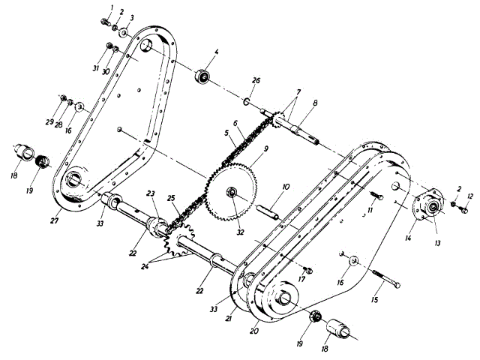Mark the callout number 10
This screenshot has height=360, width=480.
[x=285, y=187]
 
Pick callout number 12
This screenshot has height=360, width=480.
[x=470, y=197]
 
